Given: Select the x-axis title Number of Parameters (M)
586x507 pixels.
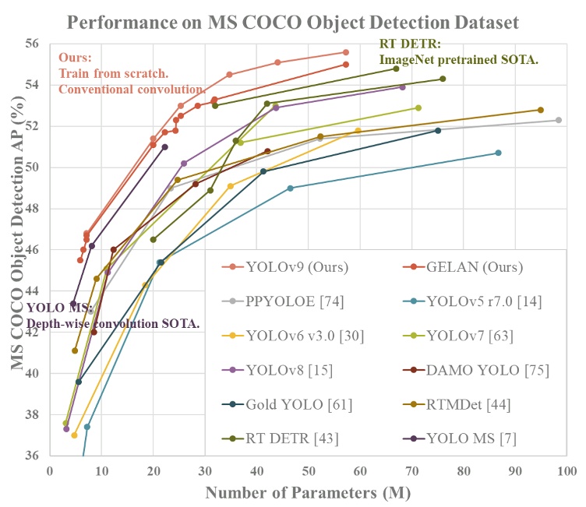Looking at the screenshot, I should pos(309,492).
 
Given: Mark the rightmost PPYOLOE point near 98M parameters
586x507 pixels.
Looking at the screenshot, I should pos(559,120).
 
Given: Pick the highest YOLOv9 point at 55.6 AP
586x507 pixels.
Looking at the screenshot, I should pos(346,52).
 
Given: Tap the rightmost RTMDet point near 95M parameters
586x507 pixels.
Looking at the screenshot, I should pos(540,110).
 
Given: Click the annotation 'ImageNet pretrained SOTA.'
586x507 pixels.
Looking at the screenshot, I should pos(459,58).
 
